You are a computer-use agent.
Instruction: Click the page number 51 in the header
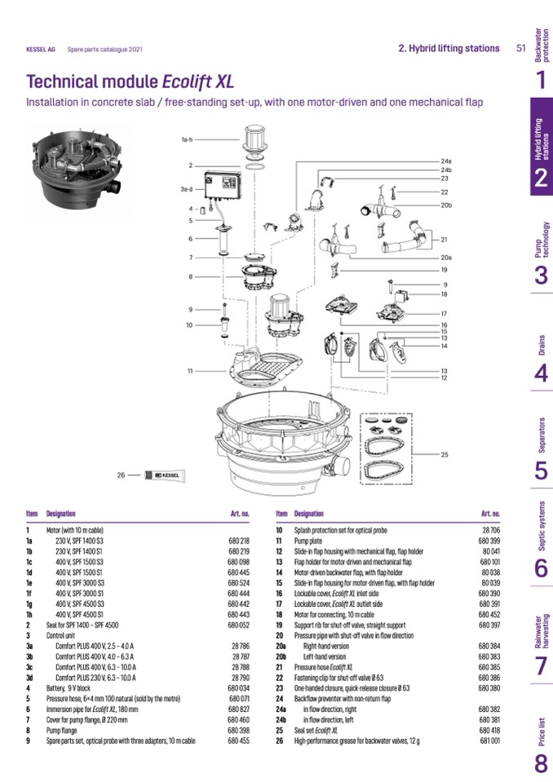coord(520,48)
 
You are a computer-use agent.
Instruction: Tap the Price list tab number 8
coord(541,764)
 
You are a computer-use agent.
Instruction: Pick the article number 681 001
coord(489,740)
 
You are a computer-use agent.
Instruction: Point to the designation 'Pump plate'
coord(312,541)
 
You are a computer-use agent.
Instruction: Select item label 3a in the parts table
coord(29,645)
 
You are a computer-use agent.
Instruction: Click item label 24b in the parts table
coord(281,720)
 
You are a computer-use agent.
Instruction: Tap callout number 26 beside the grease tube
coord(122,475)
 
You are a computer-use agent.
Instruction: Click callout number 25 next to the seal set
coord(445,454)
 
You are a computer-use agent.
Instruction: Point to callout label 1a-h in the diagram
coord(187,139)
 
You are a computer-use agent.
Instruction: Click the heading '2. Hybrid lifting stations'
coord(449,48)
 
